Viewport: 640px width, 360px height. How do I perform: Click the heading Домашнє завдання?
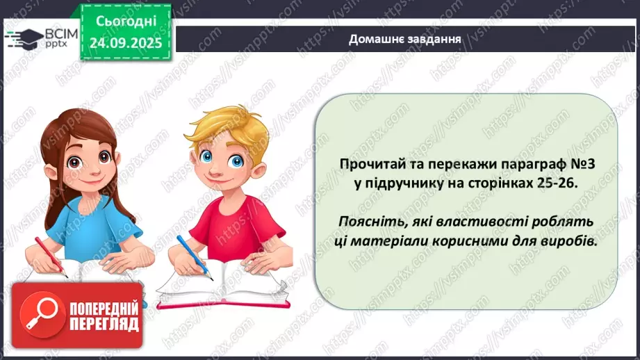pyautogui.click(x=406, y=38)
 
